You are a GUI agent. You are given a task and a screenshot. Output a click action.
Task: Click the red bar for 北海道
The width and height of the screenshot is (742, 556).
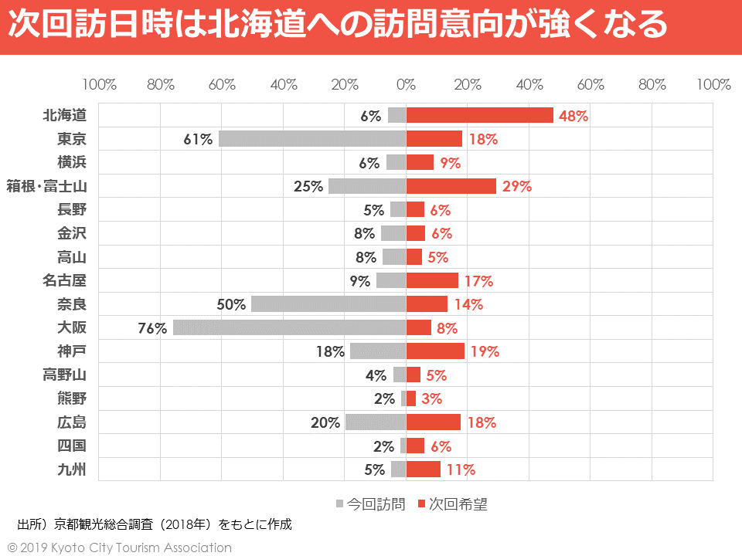click(479, 115)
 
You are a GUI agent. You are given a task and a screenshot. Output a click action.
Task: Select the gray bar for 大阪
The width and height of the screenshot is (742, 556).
click(290, 327)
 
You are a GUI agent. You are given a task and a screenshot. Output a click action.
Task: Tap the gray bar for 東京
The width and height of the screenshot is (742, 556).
click(312, 139)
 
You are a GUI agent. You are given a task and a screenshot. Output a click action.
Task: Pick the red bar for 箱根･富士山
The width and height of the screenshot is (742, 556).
click(451, 186)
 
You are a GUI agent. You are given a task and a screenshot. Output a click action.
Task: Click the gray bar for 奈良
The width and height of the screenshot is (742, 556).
click(328, 304)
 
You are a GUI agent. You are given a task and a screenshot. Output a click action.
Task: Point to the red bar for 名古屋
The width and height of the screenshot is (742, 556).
click(432, 280)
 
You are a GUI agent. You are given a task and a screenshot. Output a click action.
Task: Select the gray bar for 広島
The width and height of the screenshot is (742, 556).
click(376, 422)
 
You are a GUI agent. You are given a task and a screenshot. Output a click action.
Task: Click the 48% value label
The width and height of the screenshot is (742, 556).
click(574, 117)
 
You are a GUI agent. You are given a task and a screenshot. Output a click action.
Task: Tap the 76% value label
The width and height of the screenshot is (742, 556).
click(152, 328)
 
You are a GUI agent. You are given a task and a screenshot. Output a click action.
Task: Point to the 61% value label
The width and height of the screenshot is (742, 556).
click(198, 140)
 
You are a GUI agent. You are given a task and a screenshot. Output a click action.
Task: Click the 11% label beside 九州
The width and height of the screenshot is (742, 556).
click(460, 470)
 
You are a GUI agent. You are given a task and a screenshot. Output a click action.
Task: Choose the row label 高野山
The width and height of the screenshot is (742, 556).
click(64, 375)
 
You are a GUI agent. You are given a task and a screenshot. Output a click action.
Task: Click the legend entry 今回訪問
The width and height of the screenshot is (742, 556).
click(370, 504)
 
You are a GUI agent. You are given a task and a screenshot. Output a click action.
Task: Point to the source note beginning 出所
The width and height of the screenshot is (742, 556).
click(155, 525)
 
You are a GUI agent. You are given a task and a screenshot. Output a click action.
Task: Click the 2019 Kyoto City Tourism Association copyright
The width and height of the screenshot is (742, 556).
click(119, 548)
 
